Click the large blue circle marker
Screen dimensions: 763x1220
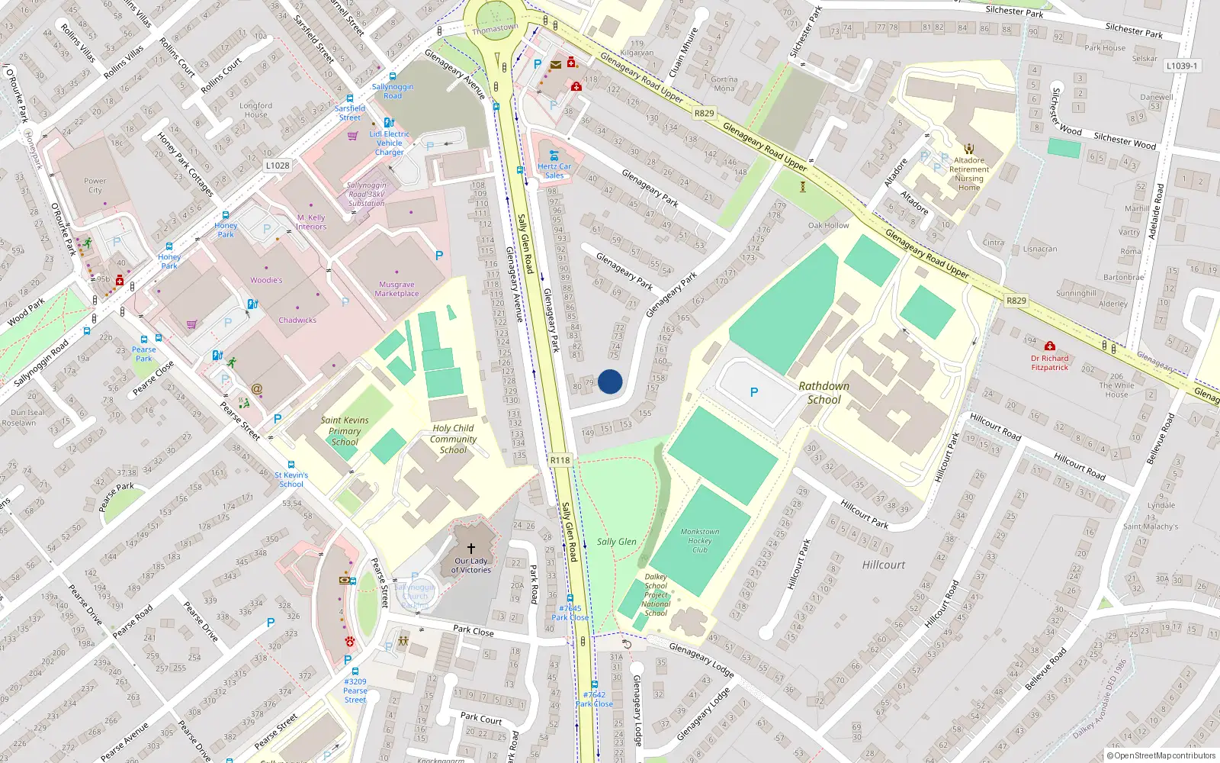tap(610, 381)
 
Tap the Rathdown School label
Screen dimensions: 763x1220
tap(824, 393)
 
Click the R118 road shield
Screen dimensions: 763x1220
tap(560, 460)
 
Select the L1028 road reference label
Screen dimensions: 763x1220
tap(278, 166)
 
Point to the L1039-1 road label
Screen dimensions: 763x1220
tap(1181, 66)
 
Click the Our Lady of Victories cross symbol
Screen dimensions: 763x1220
tap(471, 549)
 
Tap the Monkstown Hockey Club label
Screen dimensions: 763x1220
tap(700, 540)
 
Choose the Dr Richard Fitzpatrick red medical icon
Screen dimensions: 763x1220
tap(1050, 346)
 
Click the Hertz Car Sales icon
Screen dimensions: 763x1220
tap(554, 156)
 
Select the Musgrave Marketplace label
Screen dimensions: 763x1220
tap(396, 289)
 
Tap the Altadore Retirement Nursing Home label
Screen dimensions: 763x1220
tap(969, 174)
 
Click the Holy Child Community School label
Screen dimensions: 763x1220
tap(453, 439)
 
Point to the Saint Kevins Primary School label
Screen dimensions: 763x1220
tap(345, 431)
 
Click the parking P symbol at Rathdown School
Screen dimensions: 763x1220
tap(754, 392)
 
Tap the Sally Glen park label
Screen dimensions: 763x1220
tap(616, 542)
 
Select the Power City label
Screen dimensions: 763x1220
tap(95, 185)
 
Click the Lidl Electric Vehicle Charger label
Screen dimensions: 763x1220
tap(390, 143)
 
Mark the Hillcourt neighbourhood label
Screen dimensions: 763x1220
tap(884, 565)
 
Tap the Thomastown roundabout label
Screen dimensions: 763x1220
tap(495, 29)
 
